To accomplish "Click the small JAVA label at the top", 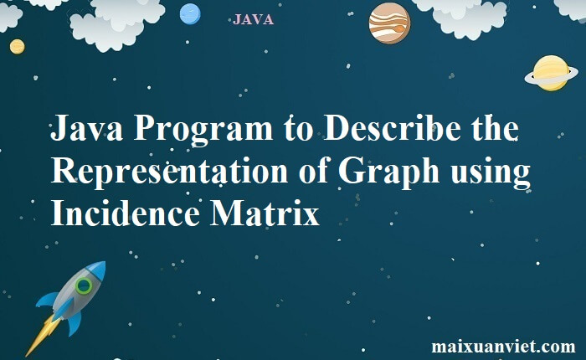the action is (x=253, y=19).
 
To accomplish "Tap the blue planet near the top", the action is (x=190, y=14).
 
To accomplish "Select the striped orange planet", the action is (x=389, y=23).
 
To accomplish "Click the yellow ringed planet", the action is (x=551, y=74).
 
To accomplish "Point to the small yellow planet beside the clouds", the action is (x=18, y=47).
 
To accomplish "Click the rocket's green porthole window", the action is (x=84, y=286).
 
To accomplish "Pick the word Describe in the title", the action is (x=392, y=128).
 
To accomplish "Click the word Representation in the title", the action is (x=169, y=172).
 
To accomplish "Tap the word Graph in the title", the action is (x=388, y=172).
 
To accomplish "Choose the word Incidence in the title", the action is (x=126, y=213).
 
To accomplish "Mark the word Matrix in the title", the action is (x=265, y=213).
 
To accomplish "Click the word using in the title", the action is (x=491, y=172).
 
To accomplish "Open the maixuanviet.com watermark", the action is (x=503, y=347).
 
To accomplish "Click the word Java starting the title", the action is (x=86, y=128).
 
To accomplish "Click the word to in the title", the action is (x=298, y=129).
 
